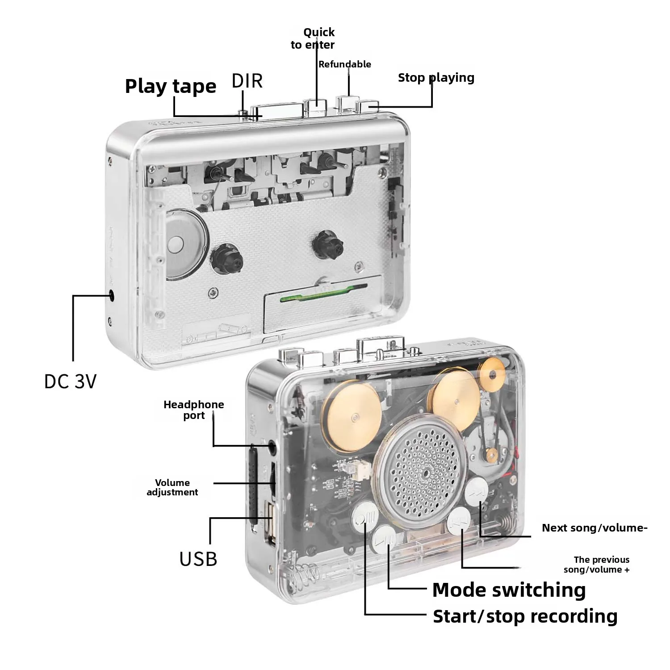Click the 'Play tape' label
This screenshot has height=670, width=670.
coord(171,87)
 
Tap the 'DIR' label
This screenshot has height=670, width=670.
coord(247,81)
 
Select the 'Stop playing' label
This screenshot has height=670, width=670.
coord(436,78)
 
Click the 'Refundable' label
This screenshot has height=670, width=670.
coord(344,64)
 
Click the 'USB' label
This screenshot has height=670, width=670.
coord(198,559)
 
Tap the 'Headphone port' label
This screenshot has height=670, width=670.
coord(194,410)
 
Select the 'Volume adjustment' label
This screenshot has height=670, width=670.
coord(172,487)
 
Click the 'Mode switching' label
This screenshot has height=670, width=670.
coord(509,590)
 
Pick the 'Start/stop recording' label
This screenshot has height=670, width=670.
coord(525,616)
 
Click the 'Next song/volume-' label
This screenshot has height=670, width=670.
coord(595,528)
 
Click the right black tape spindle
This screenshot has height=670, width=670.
coord(327,245)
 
